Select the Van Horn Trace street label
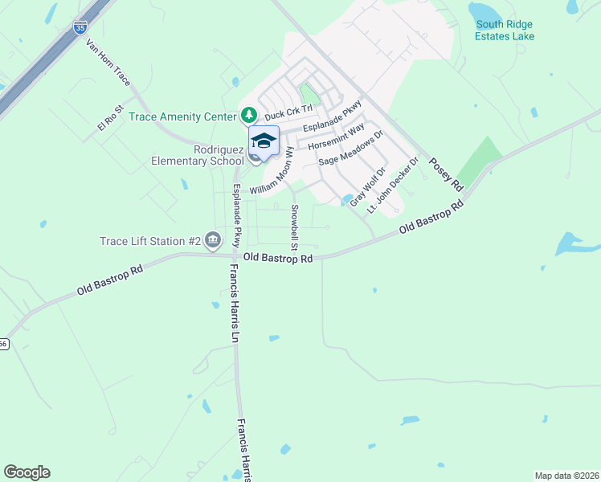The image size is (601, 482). [108, 68]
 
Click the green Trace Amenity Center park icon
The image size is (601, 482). [249, 116]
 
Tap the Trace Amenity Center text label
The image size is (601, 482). [182, 116]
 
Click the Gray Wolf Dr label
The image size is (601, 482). [368, 186]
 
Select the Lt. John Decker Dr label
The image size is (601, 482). [394, 185]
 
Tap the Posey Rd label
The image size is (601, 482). [447, 174]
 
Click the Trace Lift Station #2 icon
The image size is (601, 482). [213, 239]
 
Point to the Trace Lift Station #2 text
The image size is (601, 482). [150, 240]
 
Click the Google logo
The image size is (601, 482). [27, 472]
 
